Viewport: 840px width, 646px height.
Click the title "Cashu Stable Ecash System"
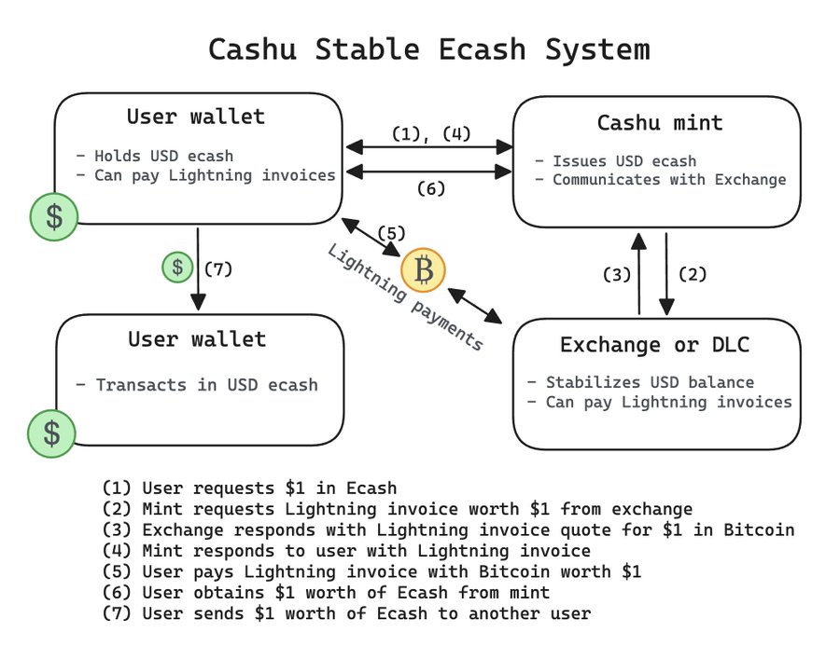428,48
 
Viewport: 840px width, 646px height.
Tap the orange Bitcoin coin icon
423,271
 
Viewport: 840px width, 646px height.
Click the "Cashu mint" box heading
660,123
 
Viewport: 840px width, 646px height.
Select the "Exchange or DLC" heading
654,345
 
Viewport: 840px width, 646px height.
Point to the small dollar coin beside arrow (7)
176,268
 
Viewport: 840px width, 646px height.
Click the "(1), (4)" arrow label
430,133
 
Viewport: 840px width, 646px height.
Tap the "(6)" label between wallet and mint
429,189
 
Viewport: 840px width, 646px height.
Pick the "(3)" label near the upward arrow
617,275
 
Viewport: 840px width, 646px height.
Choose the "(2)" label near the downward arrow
692,275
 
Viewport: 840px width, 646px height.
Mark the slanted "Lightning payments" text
405,298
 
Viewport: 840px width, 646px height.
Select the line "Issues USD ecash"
615,160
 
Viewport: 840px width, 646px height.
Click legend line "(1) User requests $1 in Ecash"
249,488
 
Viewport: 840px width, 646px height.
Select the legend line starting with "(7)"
346,613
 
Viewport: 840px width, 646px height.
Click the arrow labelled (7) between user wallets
198,270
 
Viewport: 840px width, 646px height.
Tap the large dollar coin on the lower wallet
52,433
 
